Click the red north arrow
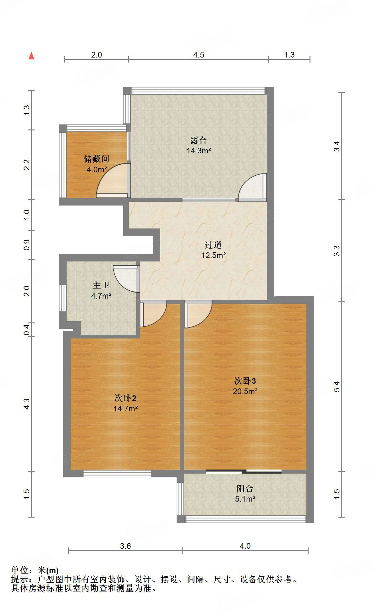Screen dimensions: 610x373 pos(31,56)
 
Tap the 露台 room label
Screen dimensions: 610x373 pos(198,140)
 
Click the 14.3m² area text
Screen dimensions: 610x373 pos(199,151)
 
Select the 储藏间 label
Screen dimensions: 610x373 pos(96,159)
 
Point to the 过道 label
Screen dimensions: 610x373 pos(213,245)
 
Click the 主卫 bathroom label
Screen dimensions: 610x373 pos(101,285)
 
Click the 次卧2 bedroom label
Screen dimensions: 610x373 pos(125,398)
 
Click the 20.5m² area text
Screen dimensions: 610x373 pos(245,391)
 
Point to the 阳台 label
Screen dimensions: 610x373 pos(245,489)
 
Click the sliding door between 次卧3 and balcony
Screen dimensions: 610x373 pos(244,471)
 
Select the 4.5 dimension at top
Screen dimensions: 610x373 pos(199,55)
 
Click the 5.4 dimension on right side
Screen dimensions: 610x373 pos(337,387)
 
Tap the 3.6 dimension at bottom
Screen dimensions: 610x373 pos(125,546)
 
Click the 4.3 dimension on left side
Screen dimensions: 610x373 pos(27,404)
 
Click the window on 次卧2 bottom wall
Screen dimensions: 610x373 pos(117,474)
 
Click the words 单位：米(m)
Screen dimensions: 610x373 pos(35,570)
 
